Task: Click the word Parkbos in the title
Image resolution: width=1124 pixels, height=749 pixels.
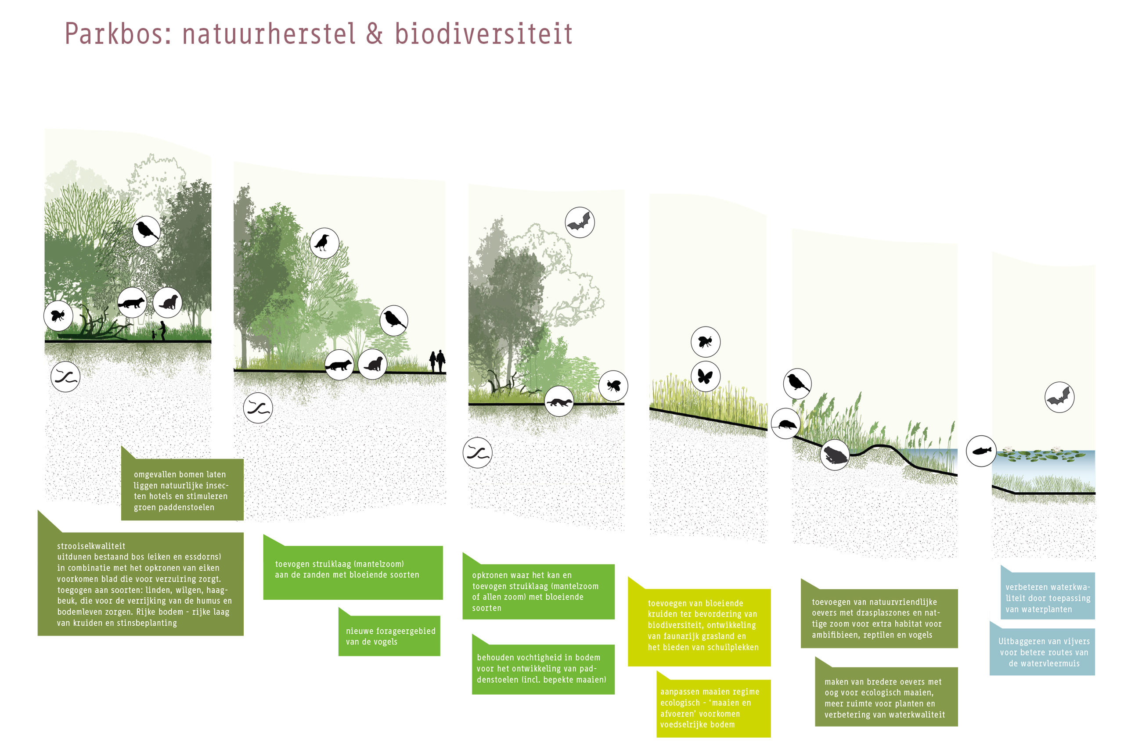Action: [x=118, y=34]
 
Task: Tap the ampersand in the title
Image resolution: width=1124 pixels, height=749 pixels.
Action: [x=375, y=34]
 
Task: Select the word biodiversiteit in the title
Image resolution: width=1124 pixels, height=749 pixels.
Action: [x=483, y=34]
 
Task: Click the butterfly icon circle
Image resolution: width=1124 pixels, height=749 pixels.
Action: [x=706, y=376]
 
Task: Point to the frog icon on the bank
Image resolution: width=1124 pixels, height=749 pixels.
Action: [x=835, y=455]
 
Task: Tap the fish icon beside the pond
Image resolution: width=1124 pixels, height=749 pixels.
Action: [x=981, y=451]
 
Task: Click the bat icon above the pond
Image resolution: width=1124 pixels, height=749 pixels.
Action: [x=1059, y=397]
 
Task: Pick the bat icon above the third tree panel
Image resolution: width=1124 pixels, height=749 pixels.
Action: [x=580, y=222]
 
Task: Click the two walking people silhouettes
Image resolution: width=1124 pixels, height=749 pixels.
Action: [x=437, y=361]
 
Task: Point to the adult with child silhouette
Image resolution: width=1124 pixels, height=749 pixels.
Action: [x=160, y=331]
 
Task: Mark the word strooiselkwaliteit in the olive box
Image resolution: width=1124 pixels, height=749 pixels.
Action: [x=91, y=546]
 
